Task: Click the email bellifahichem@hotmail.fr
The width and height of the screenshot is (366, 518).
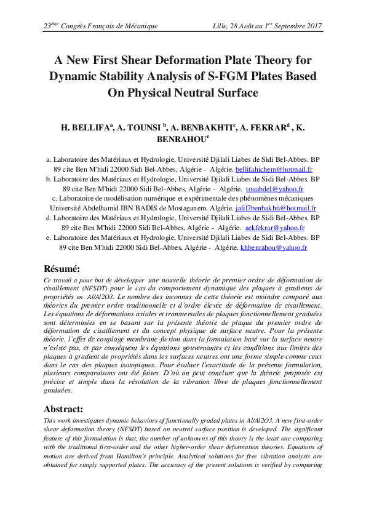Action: (274, 169)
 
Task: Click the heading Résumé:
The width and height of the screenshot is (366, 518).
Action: (62, 268)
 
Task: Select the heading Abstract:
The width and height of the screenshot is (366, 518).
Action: (65, 408)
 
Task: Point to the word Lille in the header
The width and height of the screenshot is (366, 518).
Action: (220, 26)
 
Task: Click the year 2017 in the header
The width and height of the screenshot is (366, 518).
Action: (312, 26)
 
